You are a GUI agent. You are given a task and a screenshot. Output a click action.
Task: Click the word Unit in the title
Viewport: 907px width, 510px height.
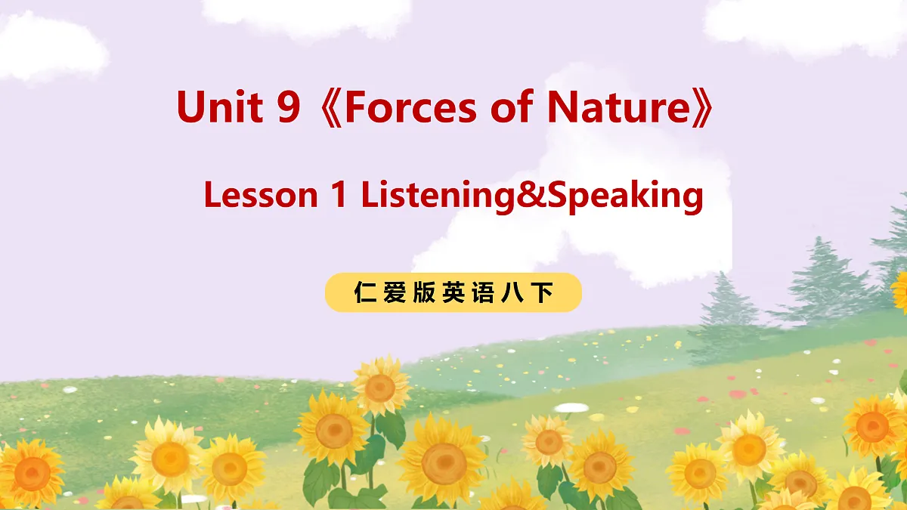tap(218, 107)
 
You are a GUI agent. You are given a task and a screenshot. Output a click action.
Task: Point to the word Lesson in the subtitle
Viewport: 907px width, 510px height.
tap(260, 196)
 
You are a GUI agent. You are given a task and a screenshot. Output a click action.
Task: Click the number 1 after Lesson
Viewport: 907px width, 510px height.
tap(339, 196)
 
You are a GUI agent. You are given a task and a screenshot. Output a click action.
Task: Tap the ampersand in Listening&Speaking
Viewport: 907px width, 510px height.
tap(535, 196)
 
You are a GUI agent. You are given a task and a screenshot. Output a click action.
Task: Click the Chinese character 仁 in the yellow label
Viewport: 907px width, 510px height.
tap(365, 293)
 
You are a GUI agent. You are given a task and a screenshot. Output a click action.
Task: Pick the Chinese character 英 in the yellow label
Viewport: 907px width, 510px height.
tap(453, 293)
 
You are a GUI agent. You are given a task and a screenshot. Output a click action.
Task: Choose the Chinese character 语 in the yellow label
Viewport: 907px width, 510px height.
tap(483, 293)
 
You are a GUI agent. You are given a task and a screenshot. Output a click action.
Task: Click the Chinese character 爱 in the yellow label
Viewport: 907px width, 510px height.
tap(395, 293)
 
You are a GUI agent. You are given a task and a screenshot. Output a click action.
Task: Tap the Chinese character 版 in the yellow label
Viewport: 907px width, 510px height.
tap(424, 293)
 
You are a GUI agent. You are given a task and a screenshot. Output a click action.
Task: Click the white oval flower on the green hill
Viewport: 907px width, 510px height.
tap(572, 407)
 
